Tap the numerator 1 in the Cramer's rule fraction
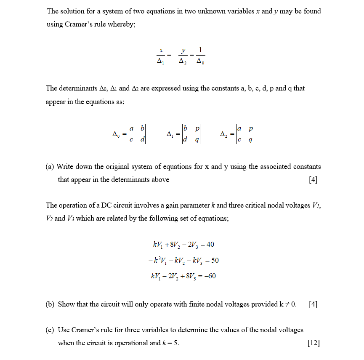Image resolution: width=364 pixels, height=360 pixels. (x=200, y=51)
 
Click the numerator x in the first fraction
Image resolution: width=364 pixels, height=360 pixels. (x=160, y=51)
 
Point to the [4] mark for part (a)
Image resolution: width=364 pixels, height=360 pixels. (x=313, y=180)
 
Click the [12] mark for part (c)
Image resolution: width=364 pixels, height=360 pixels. (x=314, y=343)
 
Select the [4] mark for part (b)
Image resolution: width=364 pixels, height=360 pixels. (x=313, y=304)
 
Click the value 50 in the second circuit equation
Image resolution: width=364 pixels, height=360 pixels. (x=215, y=260)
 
